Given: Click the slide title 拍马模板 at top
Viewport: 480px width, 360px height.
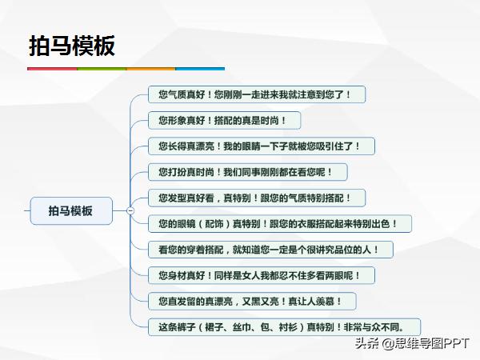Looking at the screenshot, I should [x=72, y=45].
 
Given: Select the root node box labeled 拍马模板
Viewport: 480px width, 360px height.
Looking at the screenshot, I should [x=70, y=211].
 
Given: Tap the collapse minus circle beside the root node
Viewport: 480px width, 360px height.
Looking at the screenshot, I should [x=130, y=211].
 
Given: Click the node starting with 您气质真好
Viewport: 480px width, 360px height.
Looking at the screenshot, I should [x=260, y=94].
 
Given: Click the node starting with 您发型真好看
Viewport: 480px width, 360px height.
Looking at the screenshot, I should [x=250, y=198].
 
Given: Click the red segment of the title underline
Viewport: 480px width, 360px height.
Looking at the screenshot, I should [x=52, y=69].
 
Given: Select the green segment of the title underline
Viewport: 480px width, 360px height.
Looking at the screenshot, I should [x=102, y=69].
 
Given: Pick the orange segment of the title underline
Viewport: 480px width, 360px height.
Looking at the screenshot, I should [x=151, y=69].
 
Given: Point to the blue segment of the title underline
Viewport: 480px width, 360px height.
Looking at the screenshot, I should [x=200, y=69].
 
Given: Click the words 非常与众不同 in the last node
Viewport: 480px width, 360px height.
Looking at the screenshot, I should [x=390, y=326].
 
